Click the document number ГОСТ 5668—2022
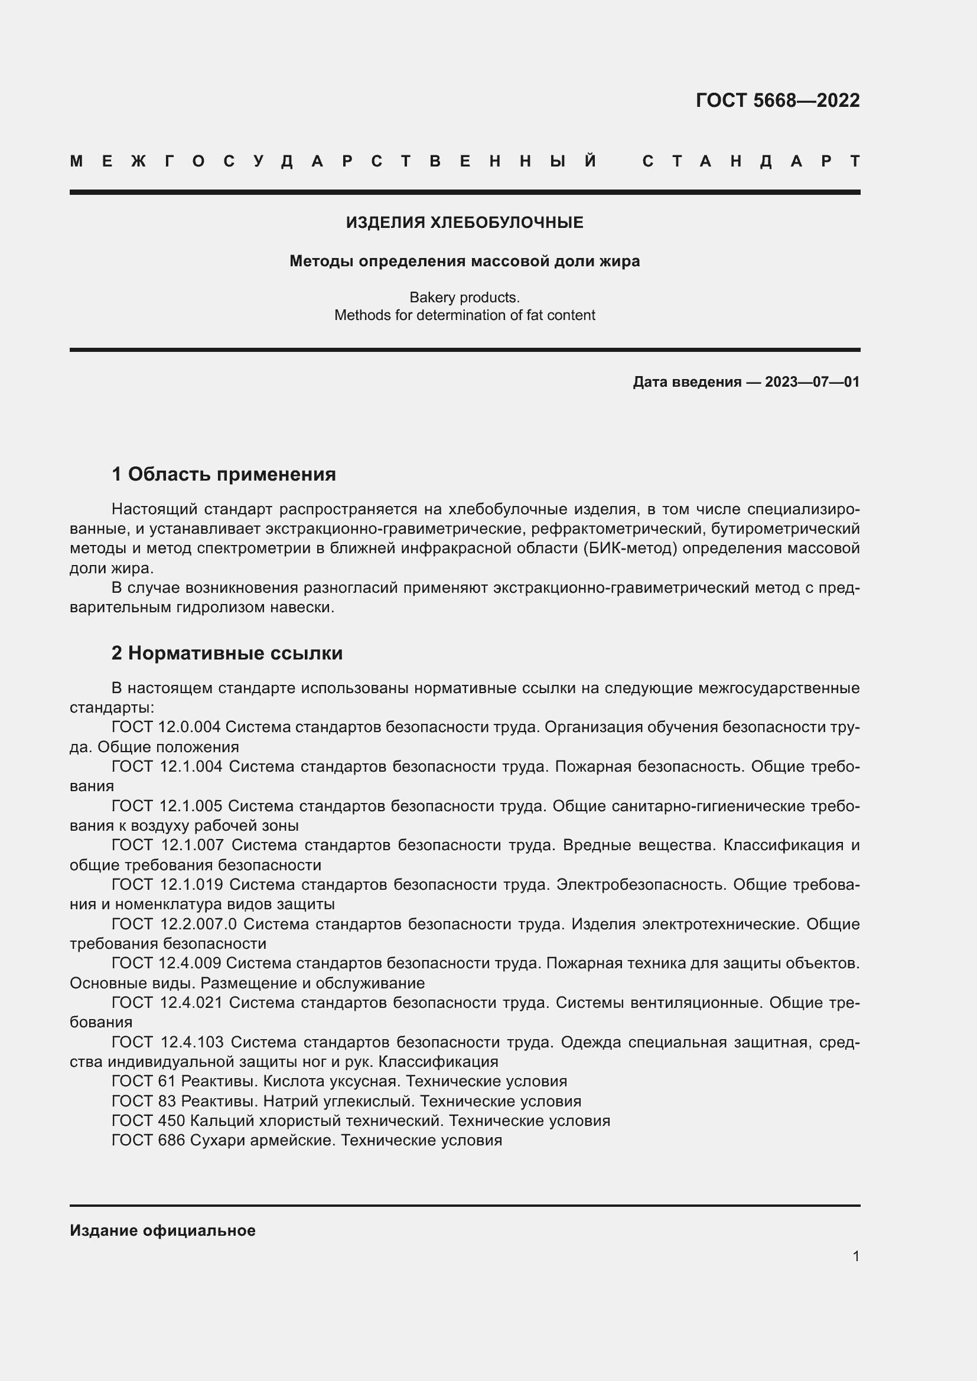click(777, 100)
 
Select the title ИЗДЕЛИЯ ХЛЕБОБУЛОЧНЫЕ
click(464, 223)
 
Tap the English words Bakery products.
click(464, 297)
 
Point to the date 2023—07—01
click(812, 382)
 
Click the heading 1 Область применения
click(224, 474)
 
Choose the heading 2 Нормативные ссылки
click(227, 653)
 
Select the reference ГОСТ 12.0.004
click(166, 727)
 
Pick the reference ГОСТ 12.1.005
click(167, 806)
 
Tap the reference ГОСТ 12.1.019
click(167, 884)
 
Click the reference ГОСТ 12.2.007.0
click(174, 924)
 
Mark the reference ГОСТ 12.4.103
click(167, 1042)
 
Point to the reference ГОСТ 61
click(143, 1081)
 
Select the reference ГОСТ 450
click(148, 1121)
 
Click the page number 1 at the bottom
click(856, 1256)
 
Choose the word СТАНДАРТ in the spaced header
click(751, 161)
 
